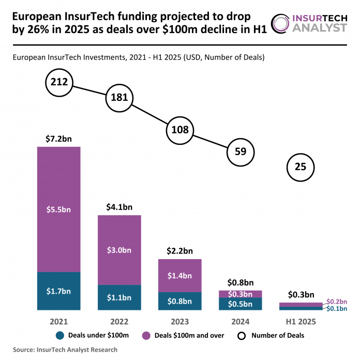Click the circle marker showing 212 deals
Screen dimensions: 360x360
59,82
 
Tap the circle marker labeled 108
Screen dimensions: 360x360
179,130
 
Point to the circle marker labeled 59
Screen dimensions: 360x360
241,152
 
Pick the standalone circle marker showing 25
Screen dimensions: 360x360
301,167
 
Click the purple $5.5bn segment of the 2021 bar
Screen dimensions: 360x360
58,209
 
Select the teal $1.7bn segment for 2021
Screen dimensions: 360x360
58,291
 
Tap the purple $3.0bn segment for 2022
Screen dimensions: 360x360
119,250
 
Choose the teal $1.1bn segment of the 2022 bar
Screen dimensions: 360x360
119,297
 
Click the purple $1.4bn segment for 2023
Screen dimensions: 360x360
179,275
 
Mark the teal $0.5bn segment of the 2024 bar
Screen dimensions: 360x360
240,304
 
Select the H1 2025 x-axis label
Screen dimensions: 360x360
300,321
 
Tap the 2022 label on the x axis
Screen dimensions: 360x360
119,321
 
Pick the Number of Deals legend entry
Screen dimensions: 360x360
272,335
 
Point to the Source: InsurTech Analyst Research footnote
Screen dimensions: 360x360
62,350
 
